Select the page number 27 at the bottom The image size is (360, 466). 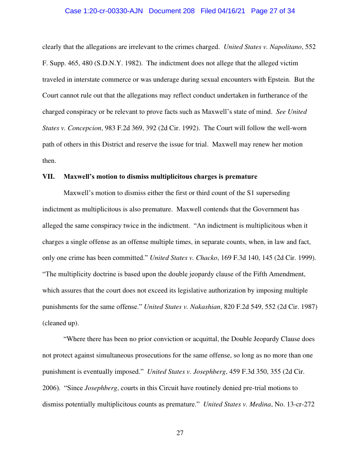(x=180, y=433)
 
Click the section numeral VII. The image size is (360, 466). (x=48, y=177)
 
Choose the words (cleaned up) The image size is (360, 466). (x=60, y=323)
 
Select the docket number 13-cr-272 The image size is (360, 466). (x=301, y=404)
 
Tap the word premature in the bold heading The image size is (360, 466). (x=241, y=177)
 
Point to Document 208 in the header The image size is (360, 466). (x=172, y=11)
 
